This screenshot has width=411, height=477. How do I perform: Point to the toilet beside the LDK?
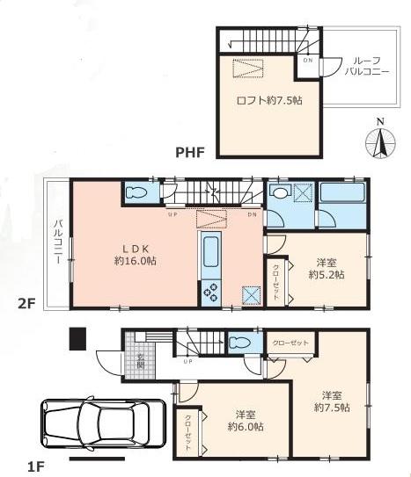[138, 192]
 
